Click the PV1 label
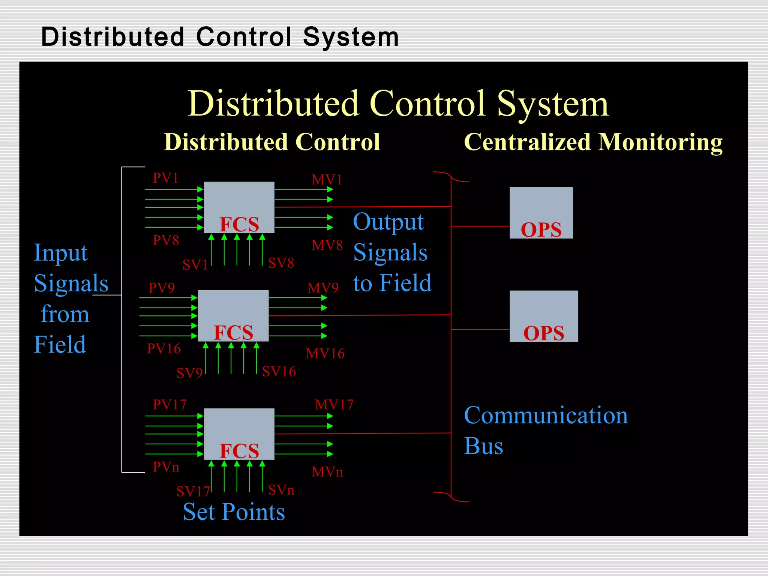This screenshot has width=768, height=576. click(165, 178)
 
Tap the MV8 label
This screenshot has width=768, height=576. click(327, 245)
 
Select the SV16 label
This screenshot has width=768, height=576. click(279, 372)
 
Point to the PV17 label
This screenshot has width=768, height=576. click(169, 405)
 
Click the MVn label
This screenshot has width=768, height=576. click(327, 472)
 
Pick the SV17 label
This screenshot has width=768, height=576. click(193, 491)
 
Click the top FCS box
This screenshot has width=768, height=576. click(239, 207)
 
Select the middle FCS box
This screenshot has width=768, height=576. click(233, 315)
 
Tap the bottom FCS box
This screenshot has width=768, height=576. click(239, 433)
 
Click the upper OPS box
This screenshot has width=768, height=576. click(541, 213)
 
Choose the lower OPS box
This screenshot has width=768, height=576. click(544, 316)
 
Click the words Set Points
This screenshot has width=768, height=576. click(234, 512)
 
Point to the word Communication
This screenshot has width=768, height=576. click(546, 415)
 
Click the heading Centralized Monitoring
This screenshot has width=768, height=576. click(593, 142)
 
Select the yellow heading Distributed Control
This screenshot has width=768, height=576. click(272, 142)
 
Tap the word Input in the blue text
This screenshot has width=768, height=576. click(61, 253)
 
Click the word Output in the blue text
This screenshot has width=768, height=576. click(388, 222)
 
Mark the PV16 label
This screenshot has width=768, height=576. click(164, 349)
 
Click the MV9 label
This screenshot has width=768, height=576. click(323, 288)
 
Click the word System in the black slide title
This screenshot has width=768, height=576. click(351, 37)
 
